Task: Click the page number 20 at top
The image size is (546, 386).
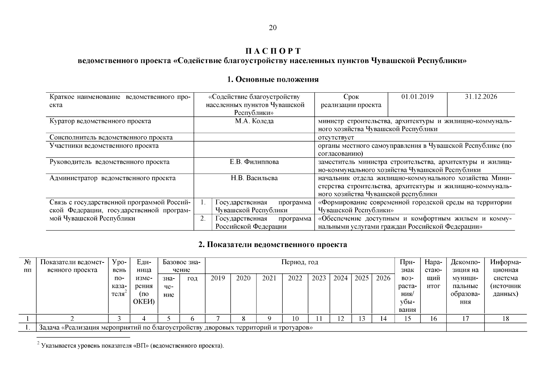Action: click(x=273, y=28)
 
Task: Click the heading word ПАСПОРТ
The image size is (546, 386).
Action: click(x=273, y=51)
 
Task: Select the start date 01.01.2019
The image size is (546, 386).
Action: click(x=417, y=97)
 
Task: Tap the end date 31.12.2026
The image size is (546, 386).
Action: click(x=481, y=97)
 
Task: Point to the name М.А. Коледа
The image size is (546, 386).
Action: click(x=254, y=121)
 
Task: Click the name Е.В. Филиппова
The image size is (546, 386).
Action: click(x=254, y=162)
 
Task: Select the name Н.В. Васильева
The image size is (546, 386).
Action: click(x=254, y=178)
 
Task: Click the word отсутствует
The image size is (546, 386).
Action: click(x=336, y=138)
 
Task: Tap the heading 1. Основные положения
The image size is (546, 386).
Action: click(x=273, y=79)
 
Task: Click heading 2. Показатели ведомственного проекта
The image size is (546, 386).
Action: click(x=273, y=245)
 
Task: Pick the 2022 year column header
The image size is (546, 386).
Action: click(x=295, y=278)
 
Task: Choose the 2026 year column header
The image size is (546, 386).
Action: click(x=383, y=278)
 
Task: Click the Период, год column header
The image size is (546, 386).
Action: click(x=300, y=262)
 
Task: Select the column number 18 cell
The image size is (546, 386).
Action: click(x=505, y=319)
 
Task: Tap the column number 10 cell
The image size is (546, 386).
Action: click(x=295, y=319)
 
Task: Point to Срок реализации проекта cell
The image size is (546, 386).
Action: click(x=351, y=101)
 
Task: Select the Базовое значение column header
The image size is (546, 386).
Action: click(x=181, y=266)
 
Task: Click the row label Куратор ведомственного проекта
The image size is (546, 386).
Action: click(x=100, y=121)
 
